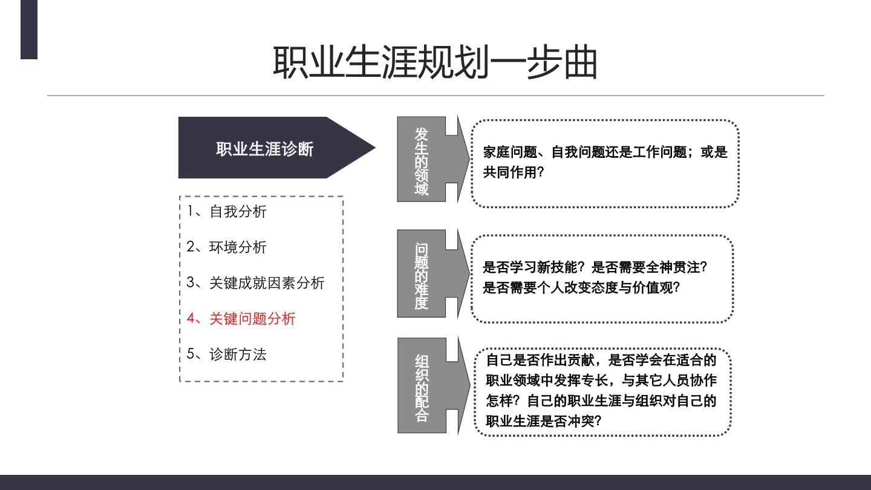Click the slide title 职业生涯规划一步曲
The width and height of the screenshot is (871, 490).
pyautogui.click(x=435, y=62)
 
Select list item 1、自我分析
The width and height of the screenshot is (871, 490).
pyautogui.click(x=227, y=212)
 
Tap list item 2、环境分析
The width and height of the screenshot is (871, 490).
pyautogui.click(x=227, y=247)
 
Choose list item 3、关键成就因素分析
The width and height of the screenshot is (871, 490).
pyautogui.click(x=255, y=283)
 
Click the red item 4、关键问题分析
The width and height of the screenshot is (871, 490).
pyautogui.click(x=241, y=318)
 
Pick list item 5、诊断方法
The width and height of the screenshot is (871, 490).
pyautogui.click(x=227, y=354)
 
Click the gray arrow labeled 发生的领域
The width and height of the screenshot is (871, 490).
pyautogui.click(x=433, y=159)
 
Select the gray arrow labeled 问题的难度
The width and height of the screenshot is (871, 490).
pyautogui.click(x=433, y=273)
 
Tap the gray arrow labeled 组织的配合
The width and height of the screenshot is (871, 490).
pyautogui.click(x=434, y=385)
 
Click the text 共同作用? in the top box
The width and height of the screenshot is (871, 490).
pyautogui.click(x=514, y=172)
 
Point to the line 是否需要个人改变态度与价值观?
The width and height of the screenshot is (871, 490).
pyautogui.click(x=581, y=288)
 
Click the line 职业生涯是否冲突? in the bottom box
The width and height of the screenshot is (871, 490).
pyautogui.click(x=544, y=421)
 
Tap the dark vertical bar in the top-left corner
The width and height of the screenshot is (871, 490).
pyautogui.click(x=29, y=30)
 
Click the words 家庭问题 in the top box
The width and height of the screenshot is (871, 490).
pyautogui.click(x=510, y=152)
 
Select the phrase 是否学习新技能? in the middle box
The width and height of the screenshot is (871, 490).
pyautogui.click(x=533, y=267)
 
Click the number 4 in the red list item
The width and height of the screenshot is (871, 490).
pyautogui.click(x=191, y=318)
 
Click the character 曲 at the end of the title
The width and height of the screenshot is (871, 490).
pyautogui.click(x=581, y=62)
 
